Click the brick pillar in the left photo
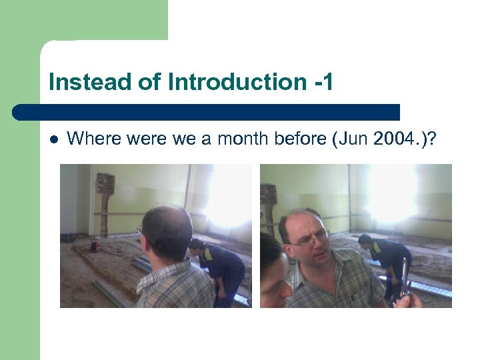[105, 201]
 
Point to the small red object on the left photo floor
[94, 247]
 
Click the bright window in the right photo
[393, 193]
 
